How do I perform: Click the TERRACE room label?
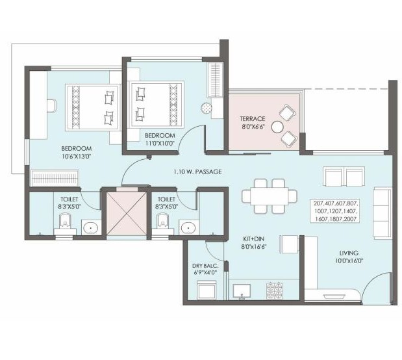[x=252, y=119]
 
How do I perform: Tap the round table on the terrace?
[x=277, y=127]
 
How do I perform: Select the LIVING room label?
[x=349, y=253]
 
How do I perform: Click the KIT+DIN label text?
[x=253, y=239]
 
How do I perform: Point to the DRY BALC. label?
[x=205, y=266]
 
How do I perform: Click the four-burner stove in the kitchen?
[x=275, y=290]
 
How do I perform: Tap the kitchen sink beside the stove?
[x=242, y=291]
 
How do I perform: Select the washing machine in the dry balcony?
[x=207, y=290]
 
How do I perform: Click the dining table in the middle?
[x=270, y=196]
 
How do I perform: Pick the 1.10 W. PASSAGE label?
[x=197, y=172]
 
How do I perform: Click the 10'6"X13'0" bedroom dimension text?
[x=77, y=156]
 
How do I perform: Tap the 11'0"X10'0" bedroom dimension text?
[x=160, y=143]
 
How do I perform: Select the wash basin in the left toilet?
[x=91, y=227]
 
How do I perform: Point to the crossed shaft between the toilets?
[x=127, y=214]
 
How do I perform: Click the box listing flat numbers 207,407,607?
[x=335, y=211]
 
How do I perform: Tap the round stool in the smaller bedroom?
[x=207, y=108]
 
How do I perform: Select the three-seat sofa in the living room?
[x=383, y=213]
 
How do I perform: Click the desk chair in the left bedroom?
[x=51, y=106]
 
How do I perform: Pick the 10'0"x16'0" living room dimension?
[x=349, y=261]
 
